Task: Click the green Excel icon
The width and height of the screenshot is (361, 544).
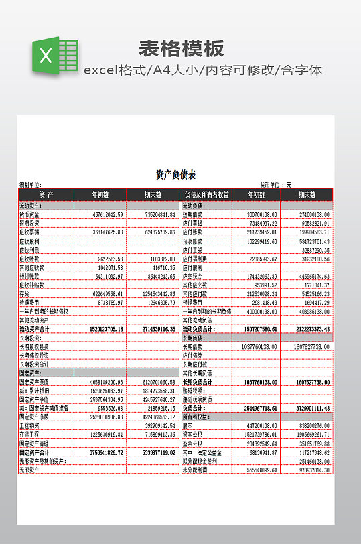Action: [55, 56]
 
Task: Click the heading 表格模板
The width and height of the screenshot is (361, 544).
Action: [182, 48]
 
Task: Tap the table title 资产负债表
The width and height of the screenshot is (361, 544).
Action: [175, 175]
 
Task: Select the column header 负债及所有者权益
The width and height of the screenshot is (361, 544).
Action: [206, 194]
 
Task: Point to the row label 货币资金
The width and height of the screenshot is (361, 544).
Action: [29, 214]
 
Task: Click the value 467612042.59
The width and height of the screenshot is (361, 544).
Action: [107, 214]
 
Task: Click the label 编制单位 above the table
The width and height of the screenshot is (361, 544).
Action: [31, 185]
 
